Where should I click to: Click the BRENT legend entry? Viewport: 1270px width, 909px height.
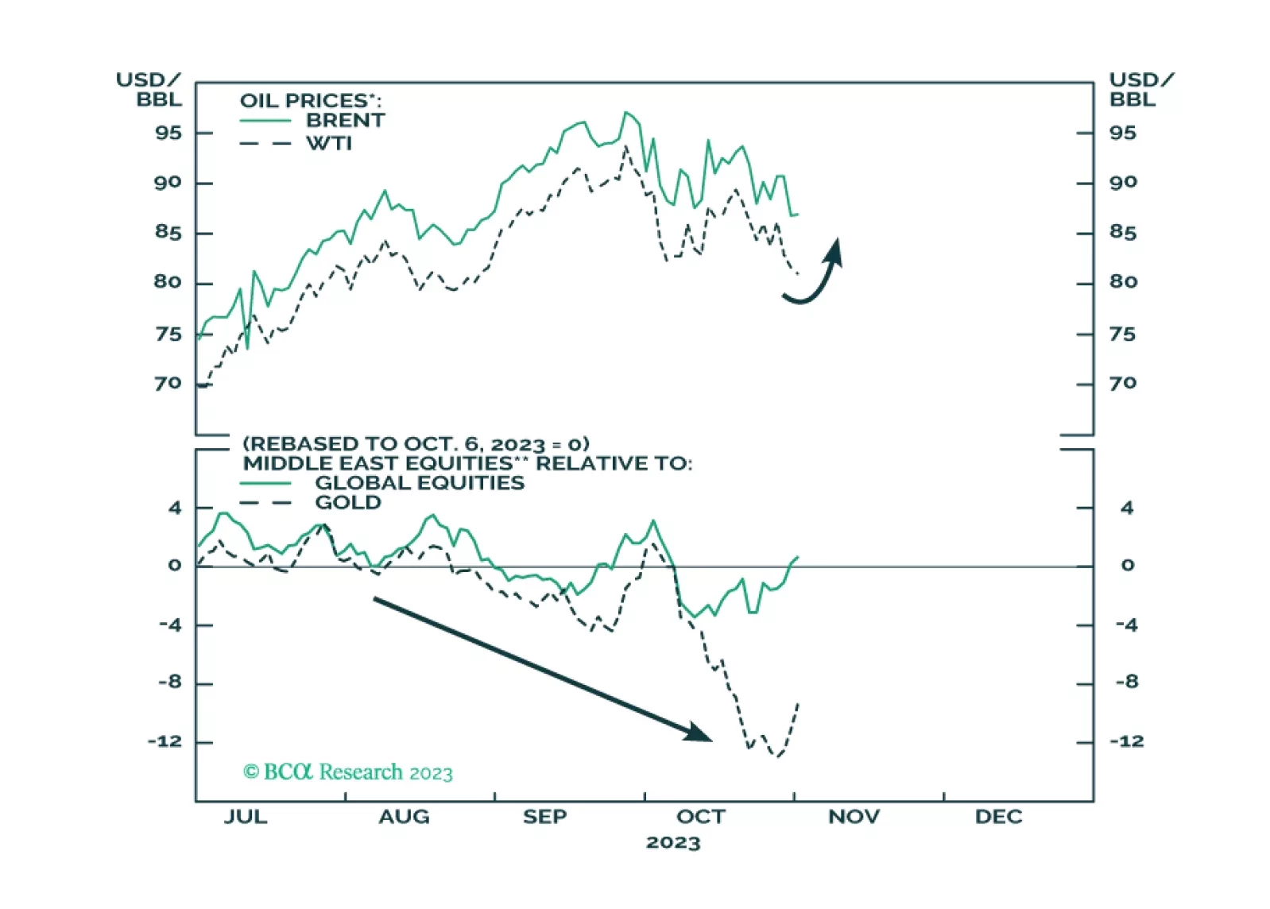pyautogui.click(x=345, y=121)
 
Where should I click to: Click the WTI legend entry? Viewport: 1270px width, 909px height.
pyautogui.click(x=329, y=144)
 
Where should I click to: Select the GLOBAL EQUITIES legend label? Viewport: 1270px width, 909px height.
pyautogui.click(x=420, y=483)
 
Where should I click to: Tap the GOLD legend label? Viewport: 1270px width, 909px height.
pyautogui.click(x=348, y=503)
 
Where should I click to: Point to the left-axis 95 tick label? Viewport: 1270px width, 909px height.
pyautogui.click(x=168, y=133)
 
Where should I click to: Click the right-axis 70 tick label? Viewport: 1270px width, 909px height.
pyautogui.click(x=1123, y=384)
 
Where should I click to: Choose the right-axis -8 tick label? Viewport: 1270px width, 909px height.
pyautogui.click(x=1126, y=683)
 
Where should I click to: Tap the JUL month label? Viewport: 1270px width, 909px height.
pyautogui.click(x=245, y=818)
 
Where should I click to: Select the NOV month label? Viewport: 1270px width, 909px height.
pyautogui.click(x=854, y=818)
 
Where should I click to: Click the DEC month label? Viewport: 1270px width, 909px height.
pyautogui.click(x=998, y=818)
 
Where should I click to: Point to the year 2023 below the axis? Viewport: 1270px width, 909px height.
pyautogui.click(x=673, y=843)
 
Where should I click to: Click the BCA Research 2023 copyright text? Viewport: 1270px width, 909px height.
pyautogui.click(x=348, y=772)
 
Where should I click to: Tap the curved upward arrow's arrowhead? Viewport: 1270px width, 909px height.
pyautogui.click(x=834, y=249)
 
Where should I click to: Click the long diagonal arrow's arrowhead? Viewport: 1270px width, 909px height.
pyautogui.click(x=699, y=733)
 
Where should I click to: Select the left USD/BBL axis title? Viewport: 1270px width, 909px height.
pyautogui.click(x=149, y=90)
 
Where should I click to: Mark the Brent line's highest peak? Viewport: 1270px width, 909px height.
pyautogui.click(x=625, y=113)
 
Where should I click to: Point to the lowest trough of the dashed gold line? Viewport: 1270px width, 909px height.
pyautogui.click(x=776, y=756)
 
